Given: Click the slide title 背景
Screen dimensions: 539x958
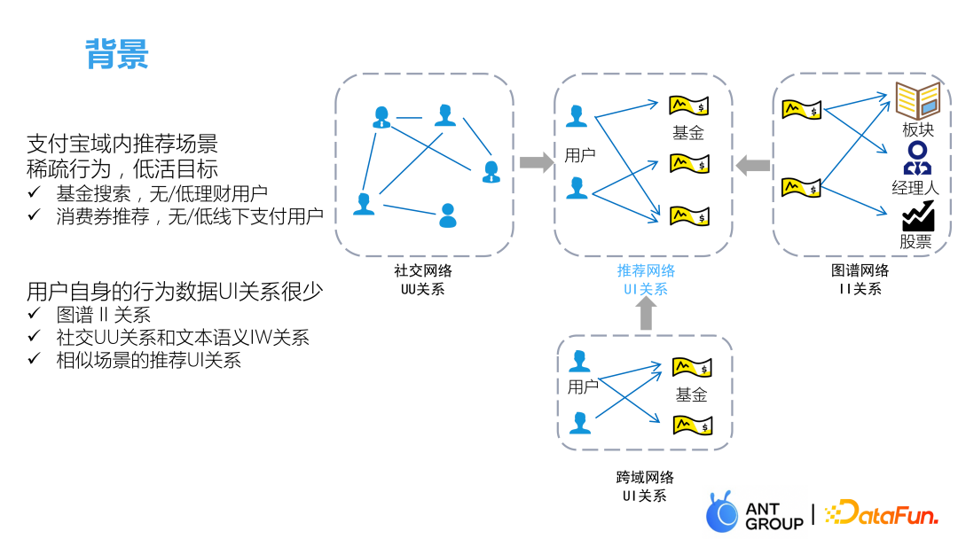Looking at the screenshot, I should tap(117, 55).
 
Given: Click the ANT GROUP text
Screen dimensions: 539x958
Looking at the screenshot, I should tap(773, 515).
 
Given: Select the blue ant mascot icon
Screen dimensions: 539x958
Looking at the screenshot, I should tap(722, 512).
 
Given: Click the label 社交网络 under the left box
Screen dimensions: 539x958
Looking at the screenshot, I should tap(422, 271).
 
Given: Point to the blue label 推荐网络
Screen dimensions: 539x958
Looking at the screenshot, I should tap(646, 270).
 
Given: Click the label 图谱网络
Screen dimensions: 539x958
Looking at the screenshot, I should tap(860, 270).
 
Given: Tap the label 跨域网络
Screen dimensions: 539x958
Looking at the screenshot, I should tap(645, 478).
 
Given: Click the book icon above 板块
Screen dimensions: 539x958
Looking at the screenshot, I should tap(917, 100).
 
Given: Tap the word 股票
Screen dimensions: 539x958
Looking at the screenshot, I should tap(915, 241).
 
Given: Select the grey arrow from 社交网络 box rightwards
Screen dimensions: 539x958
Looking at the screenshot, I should tap(535, 162).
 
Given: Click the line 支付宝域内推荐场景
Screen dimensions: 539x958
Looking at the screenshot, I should tap(122, 144).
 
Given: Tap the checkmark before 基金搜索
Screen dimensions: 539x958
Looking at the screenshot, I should tap(34, 192).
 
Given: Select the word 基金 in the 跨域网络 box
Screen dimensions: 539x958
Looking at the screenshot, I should tap(691, 394).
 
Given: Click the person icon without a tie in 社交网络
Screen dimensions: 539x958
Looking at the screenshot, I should tap(448, 215).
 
